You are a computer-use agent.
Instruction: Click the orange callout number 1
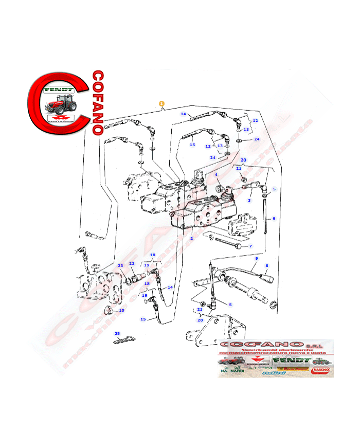tap(162, 103)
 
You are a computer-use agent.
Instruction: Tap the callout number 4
tap(217, 175)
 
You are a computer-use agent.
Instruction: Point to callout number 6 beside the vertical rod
tap(274, 219)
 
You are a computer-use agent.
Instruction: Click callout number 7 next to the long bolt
tap(250, 246)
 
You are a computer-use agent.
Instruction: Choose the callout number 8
tap(266, 265)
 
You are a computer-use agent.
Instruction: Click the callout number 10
tap(121, 310)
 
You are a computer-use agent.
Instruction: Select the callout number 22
tap(132, 263)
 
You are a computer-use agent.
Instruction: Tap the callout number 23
tap(120, 265)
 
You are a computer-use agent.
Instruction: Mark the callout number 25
tap(117, 334)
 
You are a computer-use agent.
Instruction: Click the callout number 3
tap(249, 201)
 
